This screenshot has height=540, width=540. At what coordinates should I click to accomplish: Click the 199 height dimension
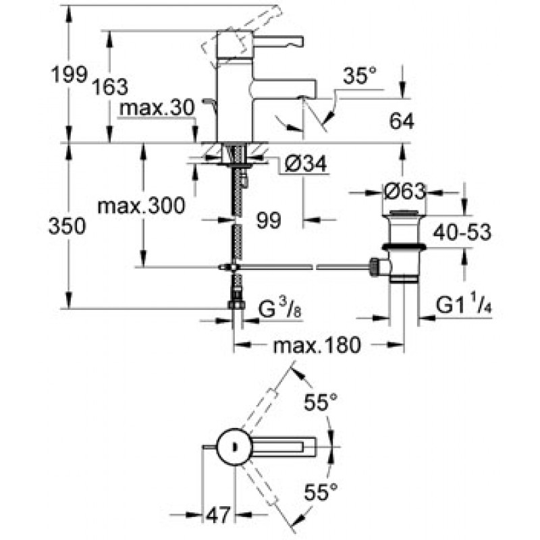(x=69, y=74)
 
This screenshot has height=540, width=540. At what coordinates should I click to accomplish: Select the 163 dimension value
(x=110, y=86)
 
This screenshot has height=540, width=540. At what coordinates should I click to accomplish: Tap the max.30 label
(x=157, y=108)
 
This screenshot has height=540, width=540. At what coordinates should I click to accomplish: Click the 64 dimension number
(x=402, y=122)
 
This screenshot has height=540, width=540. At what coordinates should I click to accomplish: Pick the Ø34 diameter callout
(x=306, y=163)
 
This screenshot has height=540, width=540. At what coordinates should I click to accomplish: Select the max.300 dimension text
(x=141, y=206)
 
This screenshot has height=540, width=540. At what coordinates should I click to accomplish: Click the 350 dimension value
(x=67, y=226)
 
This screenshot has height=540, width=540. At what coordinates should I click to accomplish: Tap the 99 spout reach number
(x=269, y=220)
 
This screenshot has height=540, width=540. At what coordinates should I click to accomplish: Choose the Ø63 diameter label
(x=405, y=191)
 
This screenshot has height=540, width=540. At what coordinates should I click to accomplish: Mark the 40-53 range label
(x=462, y=232)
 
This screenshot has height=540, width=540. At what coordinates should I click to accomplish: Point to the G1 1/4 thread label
(x=464, y=305)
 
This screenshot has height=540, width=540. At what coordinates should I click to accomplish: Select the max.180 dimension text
(x=317, y=345)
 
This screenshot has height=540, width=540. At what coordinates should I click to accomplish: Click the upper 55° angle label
(x=320, y=402)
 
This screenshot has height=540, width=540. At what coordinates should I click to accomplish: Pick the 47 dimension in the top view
(x=217, y=515)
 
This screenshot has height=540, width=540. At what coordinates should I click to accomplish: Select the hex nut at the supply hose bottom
(x=236, y=304)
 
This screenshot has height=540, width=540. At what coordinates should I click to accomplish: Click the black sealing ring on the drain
(x=404, y=246)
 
